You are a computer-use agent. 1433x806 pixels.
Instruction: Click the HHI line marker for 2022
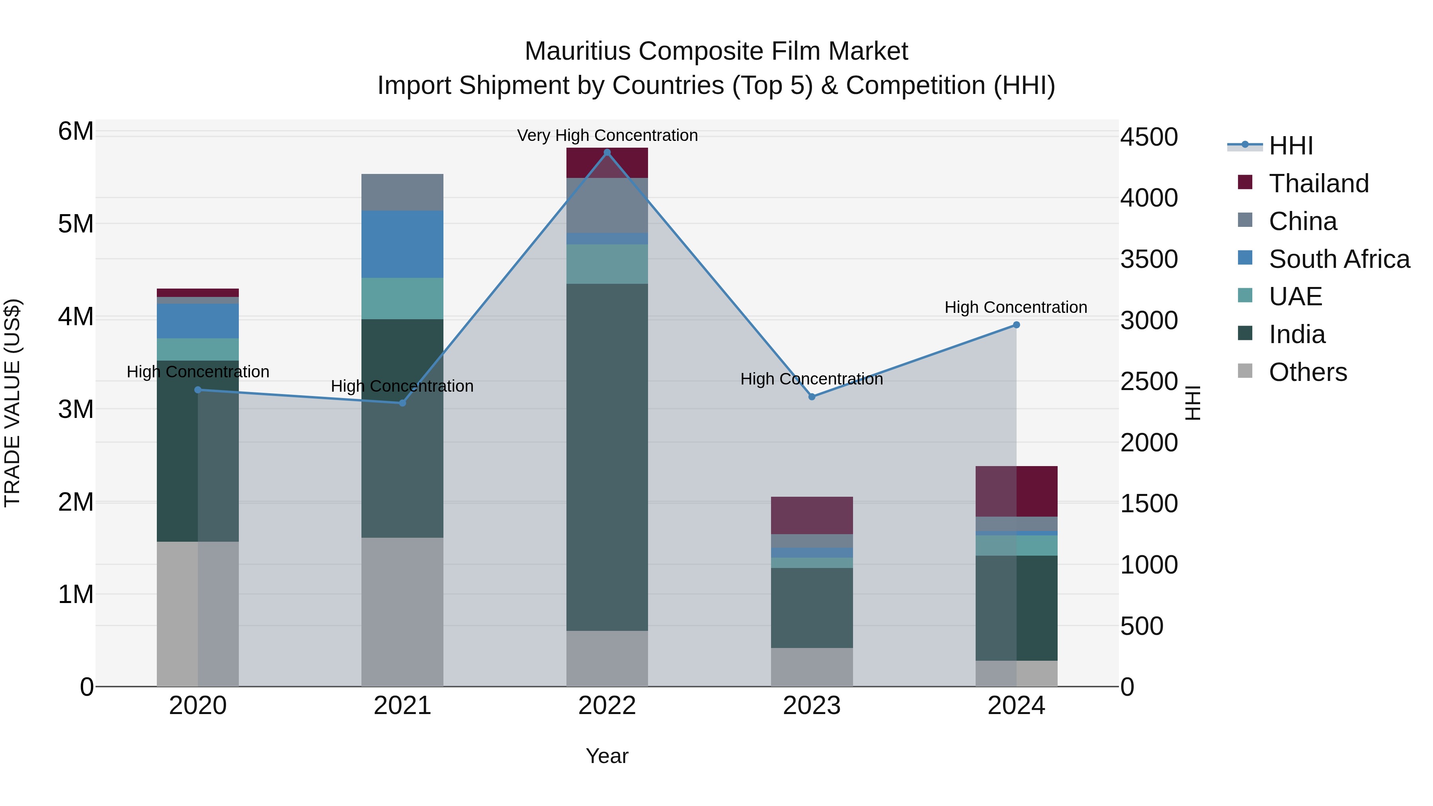(x=607, y=152)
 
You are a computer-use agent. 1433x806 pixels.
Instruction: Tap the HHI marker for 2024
(x=1016, y=325)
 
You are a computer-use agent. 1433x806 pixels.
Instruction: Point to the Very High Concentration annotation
(x=607, y=136)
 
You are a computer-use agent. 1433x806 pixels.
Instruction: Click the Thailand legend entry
(x=1318, y=183)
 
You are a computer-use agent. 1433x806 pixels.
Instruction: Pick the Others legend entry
(x=1307, y=372)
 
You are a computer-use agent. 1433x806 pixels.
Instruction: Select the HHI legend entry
(x=1290, y=146)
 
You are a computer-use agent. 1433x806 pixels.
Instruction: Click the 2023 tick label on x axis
(x=812, y=706)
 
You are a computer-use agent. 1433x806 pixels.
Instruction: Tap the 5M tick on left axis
(x=76, y=224)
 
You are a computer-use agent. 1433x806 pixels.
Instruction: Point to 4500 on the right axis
(x=1149, y=137)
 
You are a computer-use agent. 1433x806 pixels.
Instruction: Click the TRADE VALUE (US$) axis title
(x=12, y=403)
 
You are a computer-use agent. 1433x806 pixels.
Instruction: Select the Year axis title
(x=607, y=756)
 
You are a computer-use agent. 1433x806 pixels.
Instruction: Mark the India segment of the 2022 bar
(x=607, y=456)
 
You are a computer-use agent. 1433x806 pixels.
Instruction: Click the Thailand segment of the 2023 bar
(x=812, y=515)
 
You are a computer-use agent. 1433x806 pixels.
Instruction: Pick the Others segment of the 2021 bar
(x=402, y=612)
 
